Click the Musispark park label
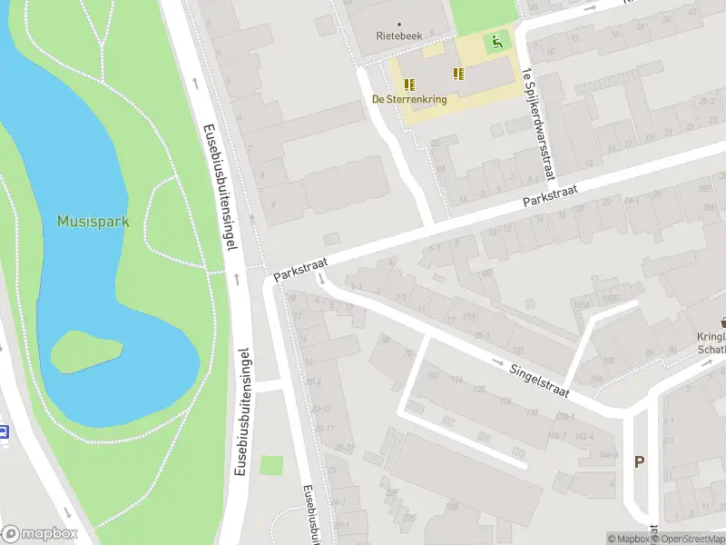tap(93, 222)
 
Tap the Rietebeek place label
tap(399, 36)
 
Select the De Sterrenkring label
tap(409, 99)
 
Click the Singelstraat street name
tap(539, 379)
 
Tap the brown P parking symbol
tap(639, 462)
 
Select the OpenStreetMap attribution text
tap(692, 539)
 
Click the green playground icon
tap(495, 41)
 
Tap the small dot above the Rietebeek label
tap(399, 24)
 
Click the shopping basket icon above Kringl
tap(723, 321)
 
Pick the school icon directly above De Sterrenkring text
tap(409, 84)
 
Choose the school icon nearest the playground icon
tap(458, 74)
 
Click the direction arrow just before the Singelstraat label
tap(498, 363)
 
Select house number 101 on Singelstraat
tap(517, 351)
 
